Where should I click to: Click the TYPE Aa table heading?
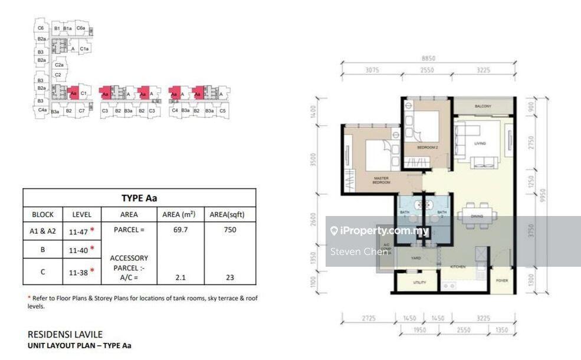pyautogui.click(x=139, y=198)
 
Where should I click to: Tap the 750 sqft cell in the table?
pyautogui.click(x=230, y=229)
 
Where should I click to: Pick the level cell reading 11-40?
pyautogui.click(x=79, y=250)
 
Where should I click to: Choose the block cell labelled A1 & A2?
pyautogui.click(x=43, y=230)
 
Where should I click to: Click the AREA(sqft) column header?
pyautogui.click(x=230, y=214)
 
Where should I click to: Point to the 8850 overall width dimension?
pyautogui.click(x=428, y=58)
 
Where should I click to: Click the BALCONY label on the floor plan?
pyautogui.click(x=482, y=106)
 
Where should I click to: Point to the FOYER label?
pyautogui.click(x=502, y=280)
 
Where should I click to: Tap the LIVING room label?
pyautogui.click(x=480, y=143)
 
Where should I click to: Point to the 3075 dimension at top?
pyautogui.click(x=372, y=70)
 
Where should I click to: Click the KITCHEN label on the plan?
pyautogui.click(x=458, y=267)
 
